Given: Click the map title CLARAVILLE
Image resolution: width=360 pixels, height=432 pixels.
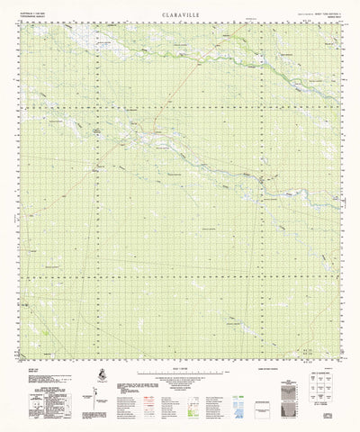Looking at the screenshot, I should (179, 15).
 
